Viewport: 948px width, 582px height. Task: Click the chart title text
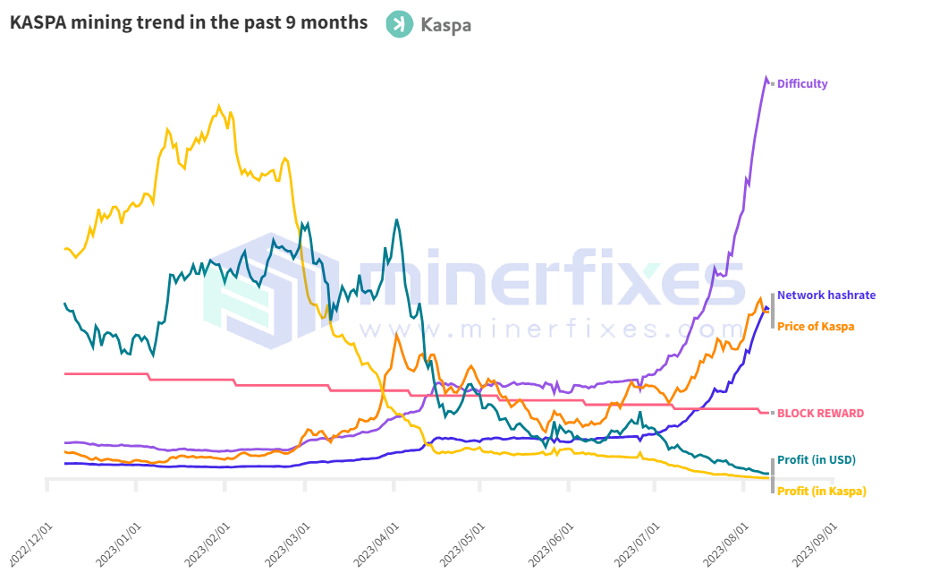tap(189, 22)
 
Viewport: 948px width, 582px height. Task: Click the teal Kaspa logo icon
tap(399, 24)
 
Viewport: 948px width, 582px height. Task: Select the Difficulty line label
tap(802, 84)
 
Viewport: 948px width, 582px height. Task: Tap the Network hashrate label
tap(826, 295)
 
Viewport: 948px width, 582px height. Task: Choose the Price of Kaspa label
tap(816, 326)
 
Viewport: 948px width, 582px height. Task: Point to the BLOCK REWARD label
tap(820, 414)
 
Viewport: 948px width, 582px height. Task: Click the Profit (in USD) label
tap(817, 460)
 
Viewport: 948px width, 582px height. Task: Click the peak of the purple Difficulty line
tap(766, 78)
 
